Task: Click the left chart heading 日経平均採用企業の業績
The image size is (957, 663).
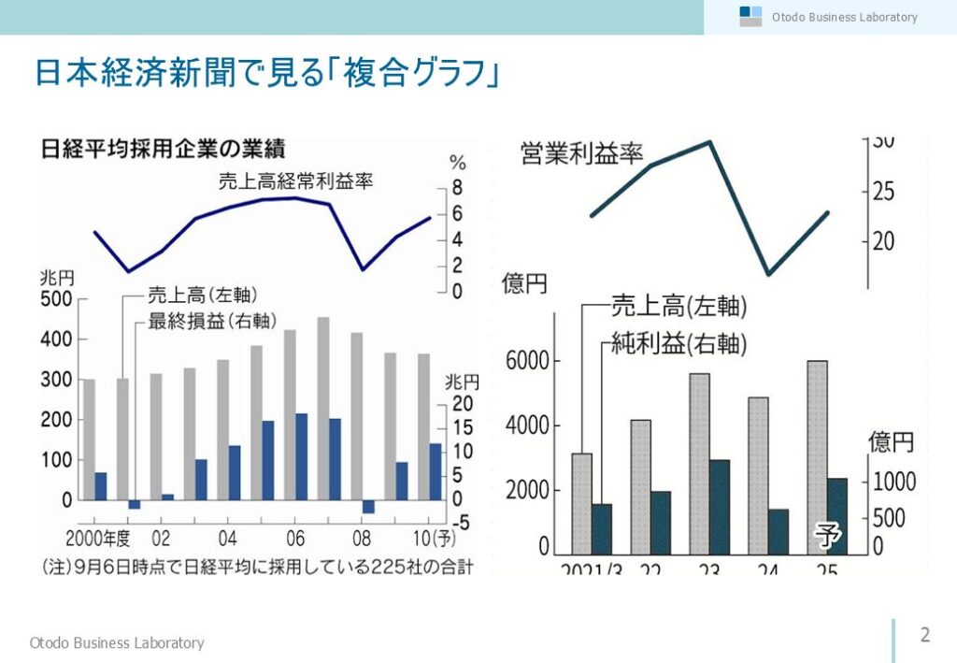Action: (x=163, y=150)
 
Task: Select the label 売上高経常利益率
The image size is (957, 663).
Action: (x=295, y=182)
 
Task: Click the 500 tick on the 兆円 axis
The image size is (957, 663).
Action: (x=55, y=299)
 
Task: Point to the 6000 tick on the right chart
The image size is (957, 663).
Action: (x=527, y=362)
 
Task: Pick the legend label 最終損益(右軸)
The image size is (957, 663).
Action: (x=212, y=322)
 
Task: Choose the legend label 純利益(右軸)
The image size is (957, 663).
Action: (x=679, y=344)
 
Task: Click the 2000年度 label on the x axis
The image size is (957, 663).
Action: (x=101, y=540)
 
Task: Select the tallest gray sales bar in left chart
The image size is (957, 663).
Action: (x=322, y=408)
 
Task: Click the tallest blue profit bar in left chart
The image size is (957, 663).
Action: (x=301, y=456)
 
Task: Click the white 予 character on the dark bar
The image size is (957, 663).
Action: (x=827, y=536)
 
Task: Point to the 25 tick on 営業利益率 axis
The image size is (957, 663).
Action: (x=884, y=193)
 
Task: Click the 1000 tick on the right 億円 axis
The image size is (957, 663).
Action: (x=894, y=483)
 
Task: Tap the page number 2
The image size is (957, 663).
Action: (x=925, y=636)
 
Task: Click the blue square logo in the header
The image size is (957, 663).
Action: (x=745, y=12)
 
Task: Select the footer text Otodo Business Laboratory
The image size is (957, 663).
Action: (x=117, y=642)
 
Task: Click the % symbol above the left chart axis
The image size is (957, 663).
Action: (x=458, y=164)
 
